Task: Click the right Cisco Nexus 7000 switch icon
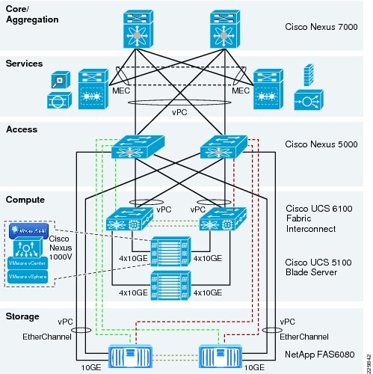229,30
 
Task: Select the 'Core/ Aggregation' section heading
31,14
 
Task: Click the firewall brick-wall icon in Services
307,76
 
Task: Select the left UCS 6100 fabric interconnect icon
123,221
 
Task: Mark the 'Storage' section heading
23,316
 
